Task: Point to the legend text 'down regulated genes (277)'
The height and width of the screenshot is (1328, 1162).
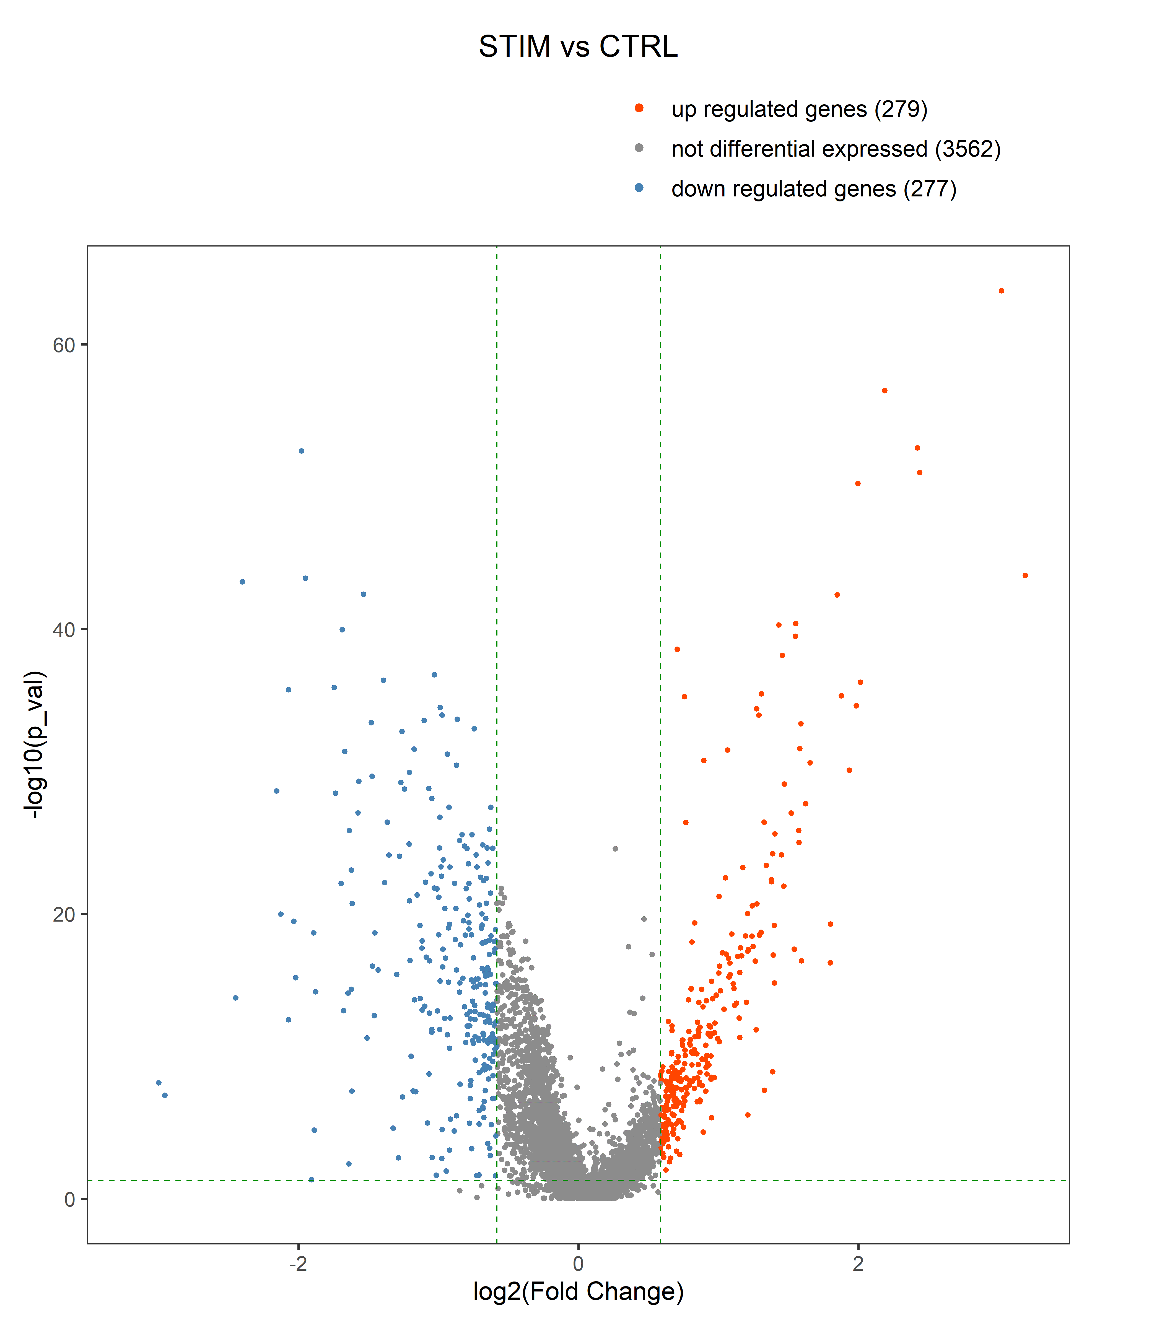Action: [x=813, y=189]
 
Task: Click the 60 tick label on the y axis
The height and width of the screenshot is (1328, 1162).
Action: [x=64, y=345]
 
